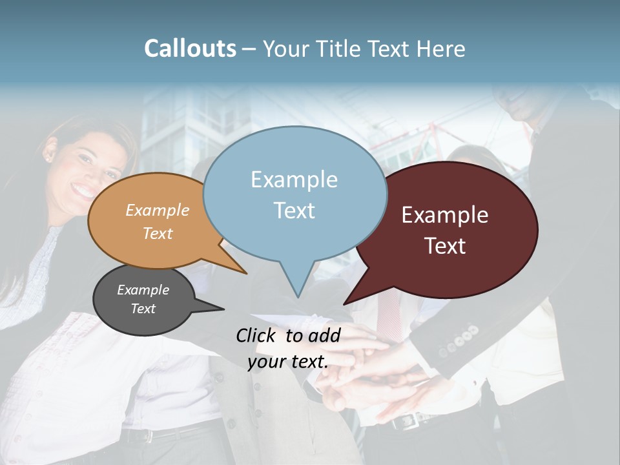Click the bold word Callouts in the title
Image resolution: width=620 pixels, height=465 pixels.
tap(190, 48)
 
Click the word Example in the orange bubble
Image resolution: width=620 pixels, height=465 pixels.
tap(157, 211)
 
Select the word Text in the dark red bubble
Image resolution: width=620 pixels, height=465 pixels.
tap(446, 246)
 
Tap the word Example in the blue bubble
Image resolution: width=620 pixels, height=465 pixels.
tap(294, 180)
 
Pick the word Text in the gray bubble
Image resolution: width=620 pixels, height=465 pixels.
tap(143, 309)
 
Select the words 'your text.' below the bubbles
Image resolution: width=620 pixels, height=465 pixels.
tap(288, 361)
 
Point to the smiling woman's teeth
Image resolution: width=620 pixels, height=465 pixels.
tap(83, 191)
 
